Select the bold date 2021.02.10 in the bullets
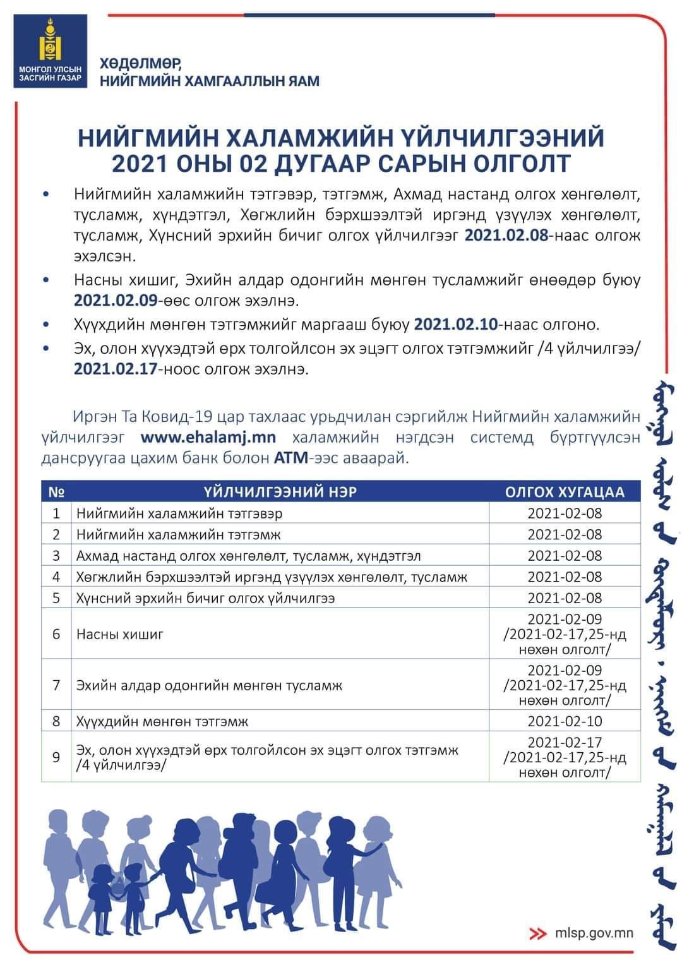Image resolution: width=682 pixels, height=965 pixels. click(x=455, y=325)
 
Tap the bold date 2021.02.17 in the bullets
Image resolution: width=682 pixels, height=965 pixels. click(x=115, y=369)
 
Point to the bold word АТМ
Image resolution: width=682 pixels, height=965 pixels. click(x=290, y=458)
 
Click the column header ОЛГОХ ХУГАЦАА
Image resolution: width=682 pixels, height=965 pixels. click(x=564, y=491)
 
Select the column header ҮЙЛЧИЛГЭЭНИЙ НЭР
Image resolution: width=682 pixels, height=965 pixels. click(x=280, y=491)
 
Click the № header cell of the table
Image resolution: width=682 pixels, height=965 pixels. click(x=56, y=491)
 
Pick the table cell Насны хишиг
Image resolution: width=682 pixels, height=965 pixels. click(x=120, y=634)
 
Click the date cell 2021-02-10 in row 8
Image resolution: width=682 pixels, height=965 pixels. click(x=565, y=721)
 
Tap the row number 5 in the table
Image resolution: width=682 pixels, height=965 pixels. click(x=56, y=597)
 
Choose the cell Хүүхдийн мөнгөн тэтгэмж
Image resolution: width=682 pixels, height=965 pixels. click(x=162, y=721)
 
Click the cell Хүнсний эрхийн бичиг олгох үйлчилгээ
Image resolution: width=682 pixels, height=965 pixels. click(x=205, y=597)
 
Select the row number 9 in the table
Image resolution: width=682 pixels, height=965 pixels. click(x=56, y=757)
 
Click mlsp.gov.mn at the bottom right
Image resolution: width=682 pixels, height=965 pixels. click(x=594, y=933)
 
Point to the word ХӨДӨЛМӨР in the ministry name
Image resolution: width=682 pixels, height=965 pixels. click(x=140, y=64)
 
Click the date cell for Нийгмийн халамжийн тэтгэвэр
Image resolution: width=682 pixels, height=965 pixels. click(x=565, y=513)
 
